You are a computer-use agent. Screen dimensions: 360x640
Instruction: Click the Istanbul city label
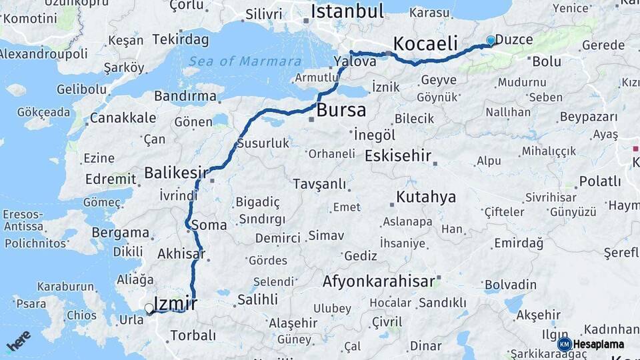[x=347, y=11]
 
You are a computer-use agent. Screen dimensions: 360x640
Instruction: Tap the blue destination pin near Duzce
[x=491, y=41]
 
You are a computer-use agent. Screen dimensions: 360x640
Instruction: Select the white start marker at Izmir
[x=149, y=309]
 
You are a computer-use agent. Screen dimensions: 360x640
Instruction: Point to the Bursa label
[x=341, y=110]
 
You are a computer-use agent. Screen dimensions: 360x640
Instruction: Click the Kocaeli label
[x=425, y=45]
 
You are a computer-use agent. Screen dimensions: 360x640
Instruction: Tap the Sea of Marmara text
[x=245, y=61]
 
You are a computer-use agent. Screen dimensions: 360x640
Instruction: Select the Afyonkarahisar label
[x=379, y=281]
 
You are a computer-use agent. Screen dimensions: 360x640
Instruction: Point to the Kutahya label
[x=426, y=197]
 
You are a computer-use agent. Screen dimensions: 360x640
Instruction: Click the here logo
[x=18, y=341]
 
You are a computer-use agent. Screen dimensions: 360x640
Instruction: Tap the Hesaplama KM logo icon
[x=565, y=344]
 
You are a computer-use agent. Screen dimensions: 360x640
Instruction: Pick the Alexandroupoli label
[x=43, y=53]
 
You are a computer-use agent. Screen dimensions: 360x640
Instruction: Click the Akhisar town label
[x=181, y=253]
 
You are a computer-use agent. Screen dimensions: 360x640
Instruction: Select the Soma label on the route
[x=209, y=225]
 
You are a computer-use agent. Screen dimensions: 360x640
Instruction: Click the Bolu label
[x=547, y=61]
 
